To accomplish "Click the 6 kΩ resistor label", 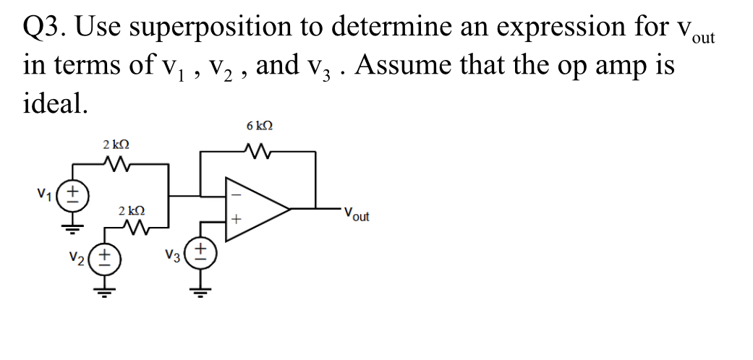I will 260,126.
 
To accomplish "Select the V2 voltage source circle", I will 106,257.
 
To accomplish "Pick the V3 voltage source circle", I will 201,255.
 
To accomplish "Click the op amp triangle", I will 257,208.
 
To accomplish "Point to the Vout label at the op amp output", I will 356,214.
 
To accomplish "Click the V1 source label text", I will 46,194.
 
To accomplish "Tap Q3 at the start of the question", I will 46,27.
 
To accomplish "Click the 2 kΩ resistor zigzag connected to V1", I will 117,165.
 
